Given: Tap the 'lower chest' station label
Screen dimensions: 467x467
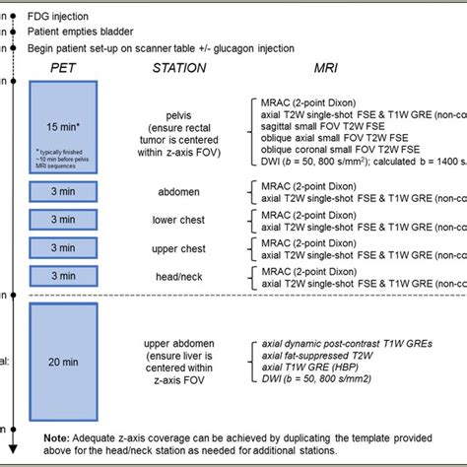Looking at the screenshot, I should pos(178,220).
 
